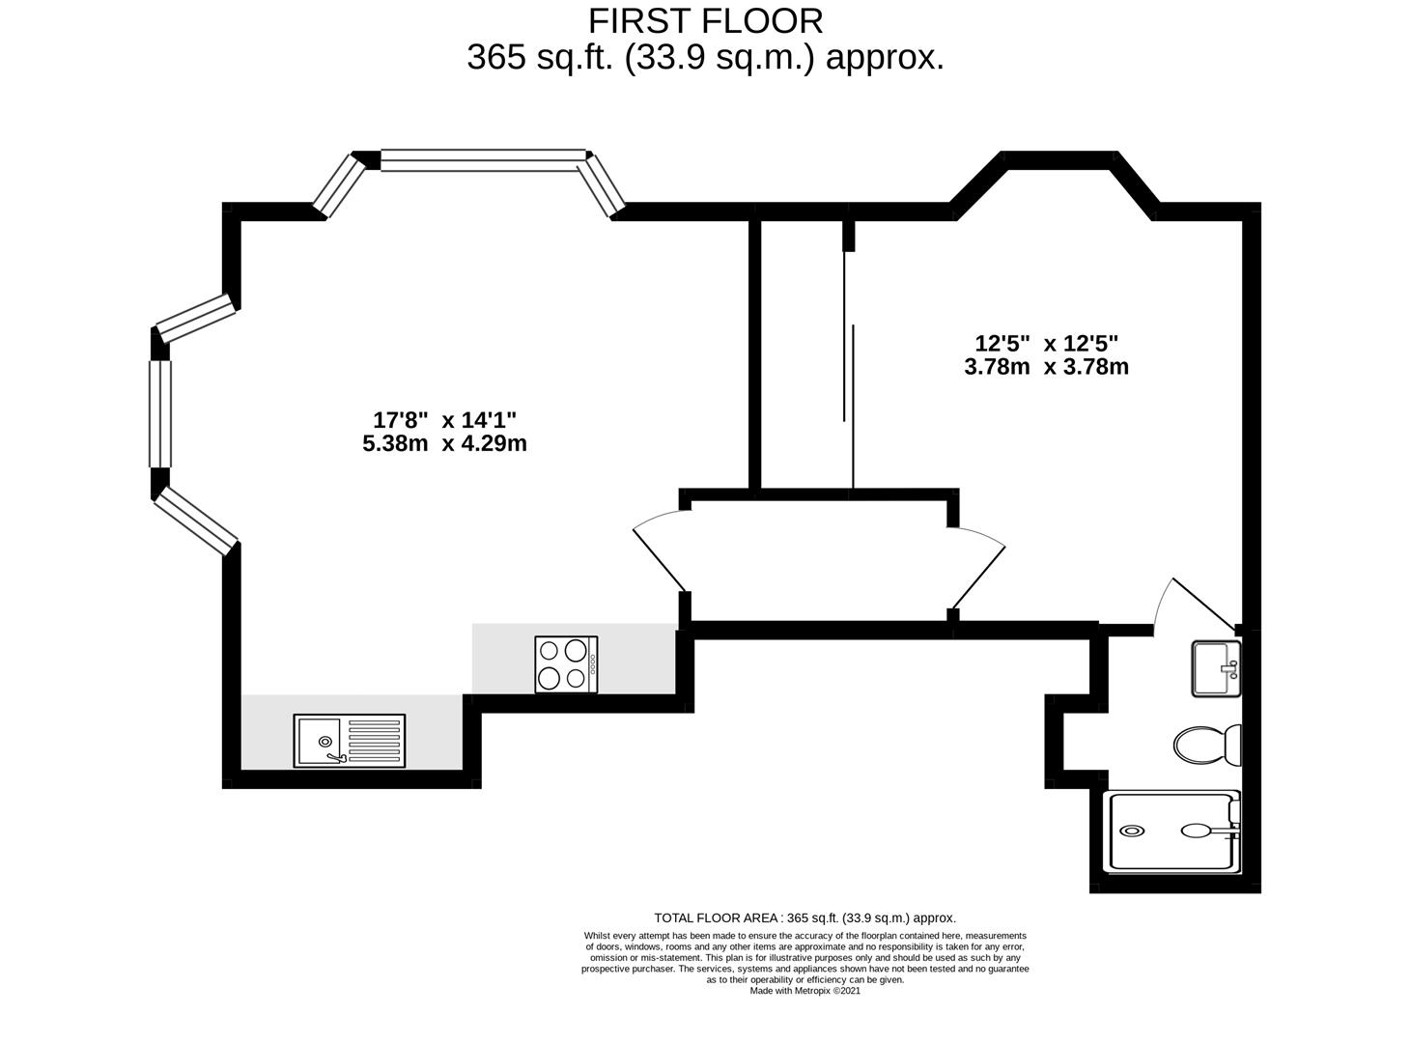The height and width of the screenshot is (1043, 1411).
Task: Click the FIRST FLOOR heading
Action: click(x=705, y=21)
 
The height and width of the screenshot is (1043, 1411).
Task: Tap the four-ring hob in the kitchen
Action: click(x=566, y=664)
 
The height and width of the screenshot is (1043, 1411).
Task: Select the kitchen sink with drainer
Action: click(x=349, y=740)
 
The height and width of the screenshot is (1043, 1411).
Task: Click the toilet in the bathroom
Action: click(x=1207, y=746)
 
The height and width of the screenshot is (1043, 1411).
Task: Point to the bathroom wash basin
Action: click(x=1216, y=669)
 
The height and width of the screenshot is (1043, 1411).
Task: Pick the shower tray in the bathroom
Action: click(x=1174, y=832)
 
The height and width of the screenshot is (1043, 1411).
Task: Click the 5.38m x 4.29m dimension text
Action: click(x=444, y=443)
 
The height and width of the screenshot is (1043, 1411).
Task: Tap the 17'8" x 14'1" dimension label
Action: click(x=444, y=420)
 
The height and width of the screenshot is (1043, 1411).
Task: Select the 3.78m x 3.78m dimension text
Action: click(x=1047, y=367)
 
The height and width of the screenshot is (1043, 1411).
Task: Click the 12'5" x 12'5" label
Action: click(x=1047, y=344)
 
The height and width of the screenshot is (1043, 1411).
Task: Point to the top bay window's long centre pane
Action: click(x=484, y=160)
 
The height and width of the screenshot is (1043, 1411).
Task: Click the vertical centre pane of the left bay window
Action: click(x=160, y=414)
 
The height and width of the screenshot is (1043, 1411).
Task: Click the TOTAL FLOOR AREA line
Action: click(x=804, y=918)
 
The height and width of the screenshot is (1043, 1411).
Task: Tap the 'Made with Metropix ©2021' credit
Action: click(x=804, y=991)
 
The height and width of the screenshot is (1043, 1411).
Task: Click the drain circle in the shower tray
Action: click(x=1132, y=832)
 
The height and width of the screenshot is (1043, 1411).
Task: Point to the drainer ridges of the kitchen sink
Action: click(x=375, y=740)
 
